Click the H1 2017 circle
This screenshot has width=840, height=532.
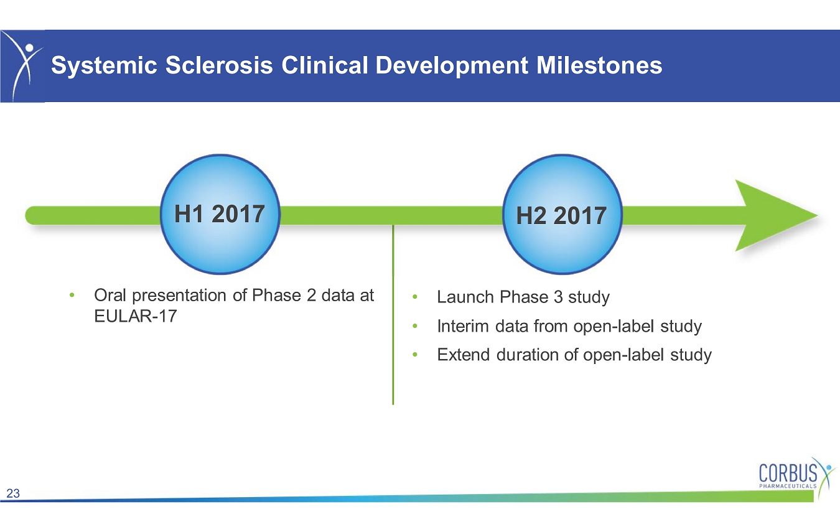tap(220, 214)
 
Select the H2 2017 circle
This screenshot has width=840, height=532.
tap(562, 214)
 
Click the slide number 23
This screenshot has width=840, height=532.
tap(13, 493)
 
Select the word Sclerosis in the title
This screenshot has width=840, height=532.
tap(219, 65)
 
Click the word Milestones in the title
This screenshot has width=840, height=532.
tap(599, 65)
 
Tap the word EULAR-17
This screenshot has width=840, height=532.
tap(136, 316)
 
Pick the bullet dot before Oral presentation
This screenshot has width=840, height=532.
tap(72, 296)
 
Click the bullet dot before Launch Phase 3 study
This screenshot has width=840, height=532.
tap(415, 297)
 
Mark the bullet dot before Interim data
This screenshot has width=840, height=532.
tap(415, 326)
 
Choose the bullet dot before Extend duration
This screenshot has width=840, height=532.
tap(415, 355)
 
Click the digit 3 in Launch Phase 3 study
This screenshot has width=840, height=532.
tap(558, 297)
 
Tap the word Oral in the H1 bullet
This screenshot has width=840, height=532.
tap(110, 295)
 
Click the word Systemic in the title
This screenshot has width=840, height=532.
tap(105, 66)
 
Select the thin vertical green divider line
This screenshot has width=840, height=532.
tap(393, 315)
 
